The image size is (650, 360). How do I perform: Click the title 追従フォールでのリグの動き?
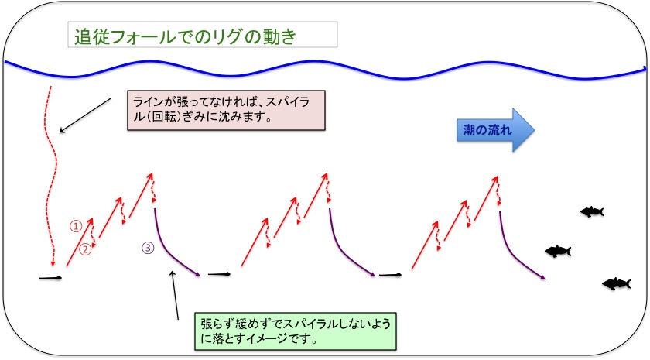pyautogui.click(x=185, y=37)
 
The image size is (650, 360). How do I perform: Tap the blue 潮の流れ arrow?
pyautogui.click(x=495, y=130)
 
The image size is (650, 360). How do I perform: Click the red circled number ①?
pyautogui.click(x=76, y=226)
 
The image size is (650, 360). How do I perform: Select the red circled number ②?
pyautogui.click(x=85, y=249)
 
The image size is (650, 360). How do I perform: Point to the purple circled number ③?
pyautogui.click(x=148, y=248)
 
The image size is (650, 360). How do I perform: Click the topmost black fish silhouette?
pyautogui.click(x=592, y=211)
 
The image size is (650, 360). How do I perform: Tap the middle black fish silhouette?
pyautogui.click(x=558, y=251)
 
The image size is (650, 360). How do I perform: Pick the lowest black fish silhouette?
pyautogui.click(x=617, y=283)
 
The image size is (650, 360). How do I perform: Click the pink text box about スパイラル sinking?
pyautogui.click(x=226, y=110)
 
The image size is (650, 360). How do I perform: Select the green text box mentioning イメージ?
pyautogui.click(x=296, y=331)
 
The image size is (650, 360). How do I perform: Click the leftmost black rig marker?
pyautogui.click(x=50, y=278)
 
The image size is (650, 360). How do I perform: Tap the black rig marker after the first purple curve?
pyautogui.click(x=219, y=274)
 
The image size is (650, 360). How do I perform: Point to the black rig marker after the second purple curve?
pyautogui.click(x=390, y=275)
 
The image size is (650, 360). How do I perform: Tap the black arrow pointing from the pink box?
pyautogui.click(x=85, y=115)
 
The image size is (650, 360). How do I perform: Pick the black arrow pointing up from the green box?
pyautogui.click(x=175, y=295)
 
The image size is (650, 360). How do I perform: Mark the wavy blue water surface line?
pyautogui.click(x=325, y=69)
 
